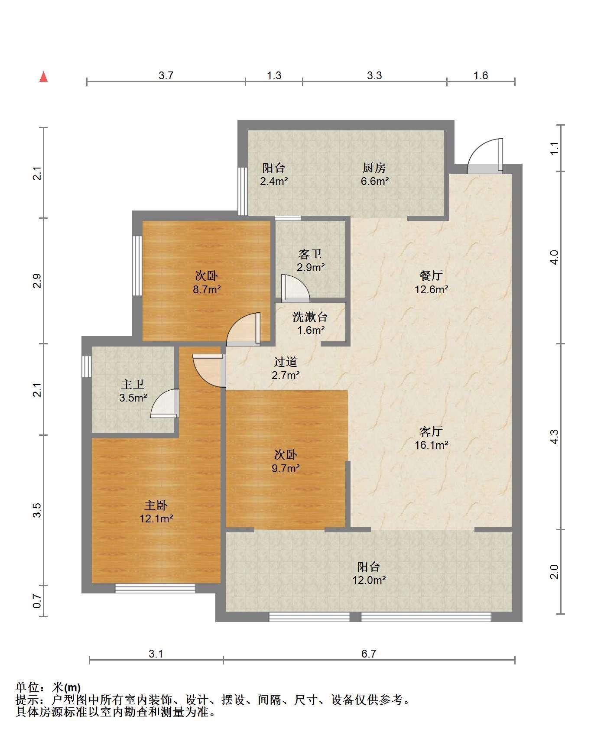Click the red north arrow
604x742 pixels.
click(x=43, y=77)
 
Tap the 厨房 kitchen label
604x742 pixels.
click(x=374, y=168)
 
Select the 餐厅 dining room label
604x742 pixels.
click(x=431, y=275)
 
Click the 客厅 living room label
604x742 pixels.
click(x=431, y=431)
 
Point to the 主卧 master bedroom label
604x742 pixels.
click(x=156, y=505)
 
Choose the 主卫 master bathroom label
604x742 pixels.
click(x=133, y=384)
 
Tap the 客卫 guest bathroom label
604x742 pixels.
click(x=310, y=254)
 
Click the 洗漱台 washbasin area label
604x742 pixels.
click(x=310, y=317)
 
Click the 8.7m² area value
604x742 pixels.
click(x=207, y=289)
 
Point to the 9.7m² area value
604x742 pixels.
click(x=286, y=468)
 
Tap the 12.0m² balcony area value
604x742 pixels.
click(x=369, y=580)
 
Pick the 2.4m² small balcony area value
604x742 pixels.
click(x=274, y=181)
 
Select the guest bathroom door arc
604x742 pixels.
click(x=296, y=288)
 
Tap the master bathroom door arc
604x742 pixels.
click(x=165, y=403)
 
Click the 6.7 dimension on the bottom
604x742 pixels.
click(x=369, y=654)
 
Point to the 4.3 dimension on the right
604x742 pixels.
click(x=555, y=436)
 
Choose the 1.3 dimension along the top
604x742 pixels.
click(x=274, y=75)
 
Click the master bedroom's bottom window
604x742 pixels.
click(x=155, y=588)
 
